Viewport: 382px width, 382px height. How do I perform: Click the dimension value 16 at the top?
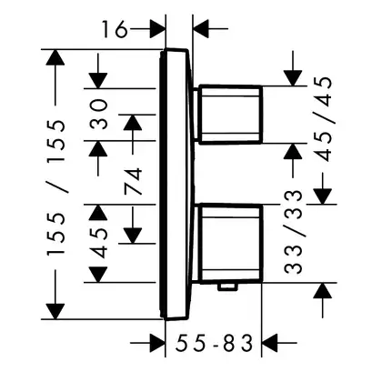pyautogui.click(x=114, y=29)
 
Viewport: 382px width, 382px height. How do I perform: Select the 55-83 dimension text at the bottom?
pyautogui.click(x=214, y=343)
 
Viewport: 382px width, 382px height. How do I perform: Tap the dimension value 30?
pyautogui.click(x=99, y=115)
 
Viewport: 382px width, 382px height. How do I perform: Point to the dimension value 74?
pyautogui.click(x=133, y=181)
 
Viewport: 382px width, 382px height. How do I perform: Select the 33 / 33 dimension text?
pyautogui.click(x=294, y=232)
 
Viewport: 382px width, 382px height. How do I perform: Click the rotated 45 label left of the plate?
pyautogui.click(x=99, y=243)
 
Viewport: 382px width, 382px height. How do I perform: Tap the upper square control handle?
pyautogui.click(x=230, y=115)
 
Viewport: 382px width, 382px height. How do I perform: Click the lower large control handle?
pyautogui.click(x=230, y=244)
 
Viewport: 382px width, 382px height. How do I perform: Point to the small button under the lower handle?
pyautogui.click(x=227, y=286)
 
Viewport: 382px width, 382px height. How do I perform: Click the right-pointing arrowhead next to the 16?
pyautogui.click(x=158, y=29)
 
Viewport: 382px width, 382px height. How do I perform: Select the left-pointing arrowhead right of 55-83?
pyautogui.click(x=269, y=343)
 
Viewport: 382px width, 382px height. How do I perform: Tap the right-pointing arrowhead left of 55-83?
pyautogui.click(x=158, y=343)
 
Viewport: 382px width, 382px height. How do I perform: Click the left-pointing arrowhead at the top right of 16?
pyautogui.click(x=201, y=29)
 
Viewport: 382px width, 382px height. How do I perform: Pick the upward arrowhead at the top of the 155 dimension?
pyautogui.click(x=55, y=57)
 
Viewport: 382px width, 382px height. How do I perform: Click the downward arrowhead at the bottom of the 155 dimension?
pyautogui.click(x=55, y=311)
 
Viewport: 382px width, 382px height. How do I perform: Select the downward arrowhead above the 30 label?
pyautogui.click(x=98, y=81)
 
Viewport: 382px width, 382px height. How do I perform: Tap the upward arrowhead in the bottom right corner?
pyautogui.click(x=322, y=290)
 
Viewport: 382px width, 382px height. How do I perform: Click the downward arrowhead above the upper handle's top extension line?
pyautogui.click(x=293, y=78)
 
